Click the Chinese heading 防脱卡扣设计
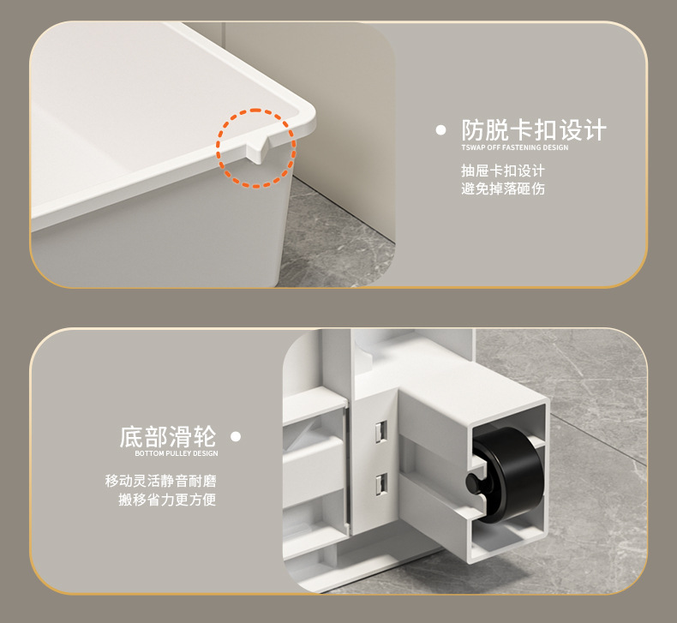[x=534, y=130]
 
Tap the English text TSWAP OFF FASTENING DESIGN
[x=515, y=147]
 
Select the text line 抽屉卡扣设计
[x=503, y=171]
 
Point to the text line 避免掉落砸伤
[x=503, y=189]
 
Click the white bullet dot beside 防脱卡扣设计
[x=440, y=130]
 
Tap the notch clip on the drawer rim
[x=259, y=150]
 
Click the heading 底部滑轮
[x=167, y=436]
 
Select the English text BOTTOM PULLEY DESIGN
[x=177, y=453]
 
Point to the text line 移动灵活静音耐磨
[x=160, y=481]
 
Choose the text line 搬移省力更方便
[x=167, y=500]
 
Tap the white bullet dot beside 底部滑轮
[x=236, y=436]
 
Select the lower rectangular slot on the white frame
[x=380, y=484]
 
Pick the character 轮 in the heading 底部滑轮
[x=204, y=436]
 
